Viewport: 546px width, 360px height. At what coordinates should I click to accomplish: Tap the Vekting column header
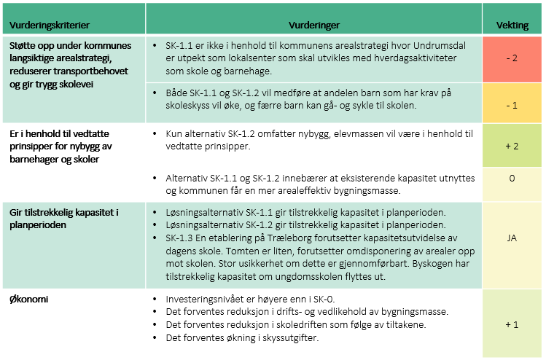click(x=512, y=24)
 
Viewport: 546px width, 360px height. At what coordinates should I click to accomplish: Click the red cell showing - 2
click(x=512, y=58)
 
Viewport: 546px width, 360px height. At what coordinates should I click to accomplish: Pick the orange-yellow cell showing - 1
click(x=512, y=105)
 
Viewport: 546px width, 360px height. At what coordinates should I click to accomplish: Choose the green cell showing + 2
click(x=512, y=146)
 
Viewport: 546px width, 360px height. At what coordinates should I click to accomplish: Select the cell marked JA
click(x=512, y=238)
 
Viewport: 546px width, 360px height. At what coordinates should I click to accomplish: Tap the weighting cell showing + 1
click(x=512, y=324)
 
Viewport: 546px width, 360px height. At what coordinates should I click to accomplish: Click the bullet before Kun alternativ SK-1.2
click(x=157, y=134)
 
